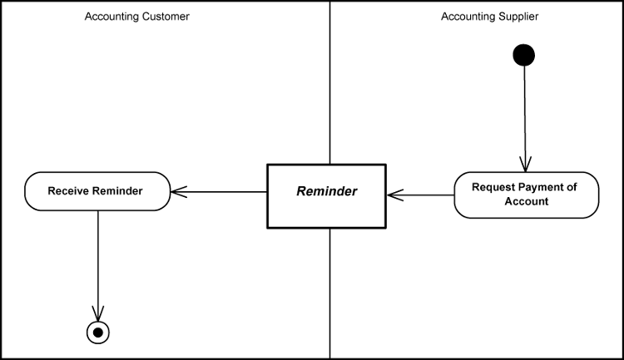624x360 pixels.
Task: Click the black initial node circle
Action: click(524, 55)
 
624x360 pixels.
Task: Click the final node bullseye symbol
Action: click(98, 333)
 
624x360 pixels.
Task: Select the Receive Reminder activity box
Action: click(97, 191)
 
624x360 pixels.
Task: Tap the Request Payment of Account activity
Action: click(526, 195)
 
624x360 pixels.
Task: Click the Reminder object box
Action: click(326, 195)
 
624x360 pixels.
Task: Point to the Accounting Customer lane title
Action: click(136, 17)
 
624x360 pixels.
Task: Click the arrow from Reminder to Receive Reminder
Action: click(220, 192)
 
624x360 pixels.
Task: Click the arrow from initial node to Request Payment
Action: click(524, 116)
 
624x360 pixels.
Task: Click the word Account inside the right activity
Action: click(526, 201)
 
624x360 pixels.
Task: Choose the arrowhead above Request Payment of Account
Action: click(524, 164)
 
